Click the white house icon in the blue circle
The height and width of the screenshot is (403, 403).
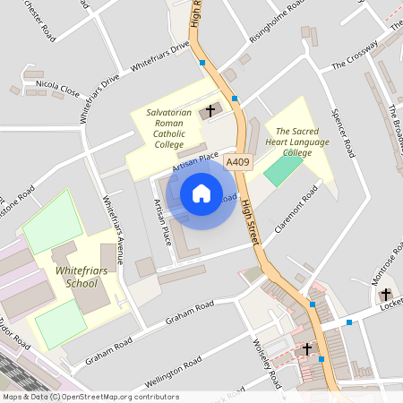pos(201,193)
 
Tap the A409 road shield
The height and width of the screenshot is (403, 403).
pos(237,162)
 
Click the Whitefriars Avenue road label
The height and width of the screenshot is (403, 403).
pos(115,229)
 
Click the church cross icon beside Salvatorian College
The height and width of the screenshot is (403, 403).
pos(211,111)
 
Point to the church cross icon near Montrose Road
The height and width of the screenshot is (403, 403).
pos(386,294)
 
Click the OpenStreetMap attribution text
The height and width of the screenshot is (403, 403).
pos(90,396)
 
